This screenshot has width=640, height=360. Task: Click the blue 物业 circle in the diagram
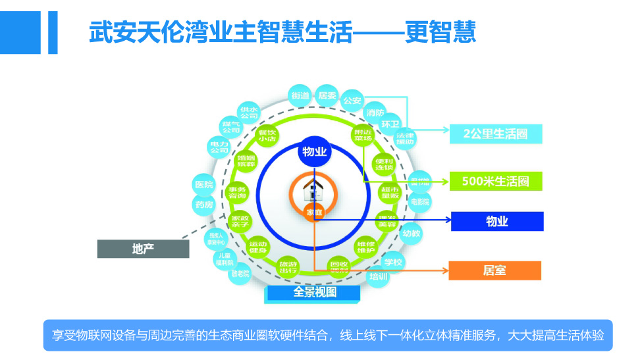314,152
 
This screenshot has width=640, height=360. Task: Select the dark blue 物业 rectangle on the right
497,221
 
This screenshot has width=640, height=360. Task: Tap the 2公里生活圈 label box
496,134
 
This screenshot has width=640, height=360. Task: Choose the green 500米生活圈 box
496,181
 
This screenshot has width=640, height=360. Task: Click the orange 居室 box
494,270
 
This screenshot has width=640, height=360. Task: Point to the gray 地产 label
143,248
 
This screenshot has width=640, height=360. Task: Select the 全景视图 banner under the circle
315,292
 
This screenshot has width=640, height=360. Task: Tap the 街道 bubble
300,96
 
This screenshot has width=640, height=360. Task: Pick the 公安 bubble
353,101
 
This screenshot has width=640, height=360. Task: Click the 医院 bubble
204,185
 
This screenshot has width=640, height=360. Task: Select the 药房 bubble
204,205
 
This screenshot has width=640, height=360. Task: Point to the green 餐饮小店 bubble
267,136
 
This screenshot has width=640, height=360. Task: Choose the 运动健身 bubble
257,247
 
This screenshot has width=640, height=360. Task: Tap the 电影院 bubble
420,201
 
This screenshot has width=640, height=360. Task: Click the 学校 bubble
393,262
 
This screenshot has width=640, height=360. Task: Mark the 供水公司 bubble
249,112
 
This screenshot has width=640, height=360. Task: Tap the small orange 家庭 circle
314,213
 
